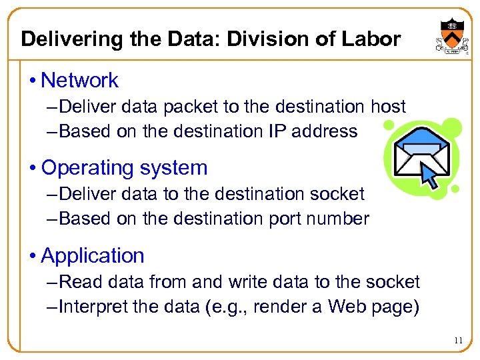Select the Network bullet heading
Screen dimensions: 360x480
(79, 81)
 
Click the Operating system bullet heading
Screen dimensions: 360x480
(124, 167)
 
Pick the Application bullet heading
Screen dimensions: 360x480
(93, 255)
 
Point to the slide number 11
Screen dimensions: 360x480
(457, 341)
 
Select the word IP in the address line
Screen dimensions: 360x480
(277, 131)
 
